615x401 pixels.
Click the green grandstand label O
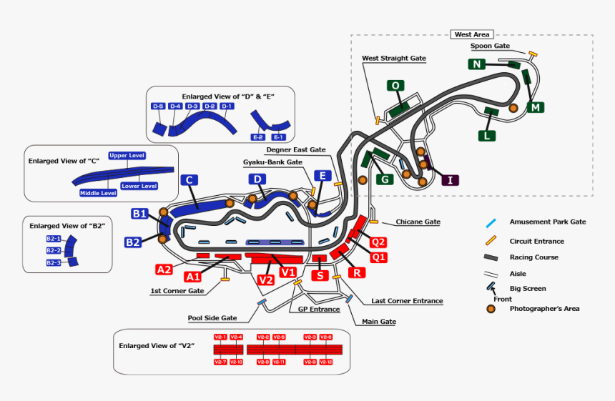(x=395, y=86)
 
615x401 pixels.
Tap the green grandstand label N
(x=476, y=64)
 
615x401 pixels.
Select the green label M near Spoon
(x=536, y=107)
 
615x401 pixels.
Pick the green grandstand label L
(x=486, y=135)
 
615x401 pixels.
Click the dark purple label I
(x=450, y=179)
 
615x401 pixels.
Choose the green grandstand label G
(x=385, y=179)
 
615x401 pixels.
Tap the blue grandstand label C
(x=190, y=180)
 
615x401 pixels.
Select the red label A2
(x=164, y=269)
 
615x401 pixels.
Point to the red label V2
(x=266, y=279)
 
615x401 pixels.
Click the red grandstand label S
(x=320, y=275)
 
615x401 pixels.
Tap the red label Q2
(x=378, y=242)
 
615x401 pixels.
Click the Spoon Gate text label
(x=490, y=46)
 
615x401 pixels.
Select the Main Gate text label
(x=379, y=322)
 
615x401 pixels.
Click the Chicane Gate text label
(x=418, y=222)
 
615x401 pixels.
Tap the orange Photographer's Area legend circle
(x=491, y=309)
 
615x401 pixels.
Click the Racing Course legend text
(x=533, y=257)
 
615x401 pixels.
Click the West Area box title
(x=472, y=34)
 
